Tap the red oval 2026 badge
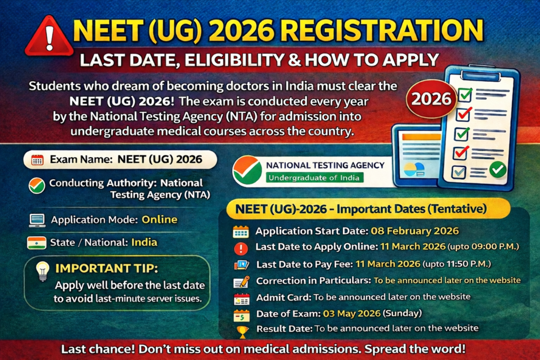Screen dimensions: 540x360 click(x=431, y=99)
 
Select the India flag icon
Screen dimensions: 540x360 click(x=36, y=242)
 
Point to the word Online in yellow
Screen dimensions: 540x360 click(x=159, y=220)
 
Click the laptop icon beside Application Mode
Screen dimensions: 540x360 click(x=37, y=220)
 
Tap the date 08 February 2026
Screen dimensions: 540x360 click(x=414, y=230)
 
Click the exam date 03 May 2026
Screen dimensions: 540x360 click(x=352, y=314)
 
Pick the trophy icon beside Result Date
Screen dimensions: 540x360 click(x=243, y=332)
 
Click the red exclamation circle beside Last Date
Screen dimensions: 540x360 click(x=240, y=248)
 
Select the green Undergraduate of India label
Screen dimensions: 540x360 click(x=314, y=178)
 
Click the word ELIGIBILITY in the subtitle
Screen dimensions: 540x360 click(x=234, y=60)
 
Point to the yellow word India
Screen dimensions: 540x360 click(x=144, y=242)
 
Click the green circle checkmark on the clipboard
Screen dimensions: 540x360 click(x=498, y=169)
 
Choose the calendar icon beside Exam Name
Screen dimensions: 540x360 click(x=37, y=160)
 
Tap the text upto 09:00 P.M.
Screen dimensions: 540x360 click(x=483, y=247)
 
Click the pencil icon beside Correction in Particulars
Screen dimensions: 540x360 click(x=242, y=282)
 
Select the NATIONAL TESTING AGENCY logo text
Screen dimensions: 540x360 click(x=325, y=165)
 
